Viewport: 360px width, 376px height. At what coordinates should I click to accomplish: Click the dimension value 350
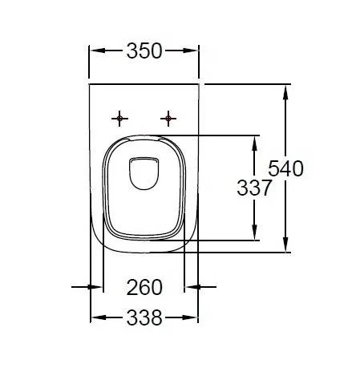tap(144, 51)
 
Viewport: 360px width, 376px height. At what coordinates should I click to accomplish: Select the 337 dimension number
tap(254, 188)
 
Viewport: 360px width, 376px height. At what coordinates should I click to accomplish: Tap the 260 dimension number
tap(144, 286)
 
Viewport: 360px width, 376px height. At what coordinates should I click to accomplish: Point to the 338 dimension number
tap(144, 317)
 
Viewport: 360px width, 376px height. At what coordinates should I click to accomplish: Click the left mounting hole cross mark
tap(120, 119)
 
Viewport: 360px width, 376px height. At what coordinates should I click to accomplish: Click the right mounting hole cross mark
tap(168, 119)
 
